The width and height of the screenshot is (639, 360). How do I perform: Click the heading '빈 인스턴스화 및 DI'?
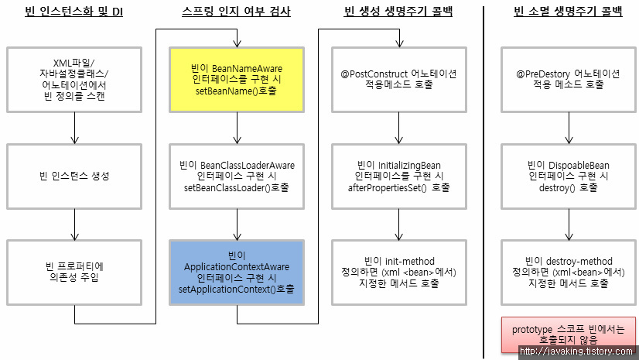(74, 12)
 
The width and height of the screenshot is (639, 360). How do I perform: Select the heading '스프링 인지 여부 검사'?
(237, 12)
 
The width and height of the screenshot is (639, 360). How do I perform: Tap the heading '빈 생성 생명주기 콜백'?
(398, 12)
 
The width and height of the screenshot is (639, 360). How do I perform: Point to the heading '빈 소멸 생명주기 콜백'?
(569, 12)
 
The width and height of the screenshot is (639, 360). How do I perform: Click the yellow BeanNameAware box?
(237, 80)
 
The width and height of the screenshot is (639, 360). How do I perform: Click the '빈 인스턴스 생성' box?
(74, 175)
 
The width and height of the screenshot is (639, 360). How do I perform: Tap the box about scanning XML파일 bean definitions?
(74, 80)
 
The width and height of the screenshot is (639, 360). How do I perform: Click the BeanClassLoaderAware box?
(237, 176)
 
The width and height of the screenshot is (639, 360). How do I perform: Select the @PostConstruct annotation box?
(398, 80)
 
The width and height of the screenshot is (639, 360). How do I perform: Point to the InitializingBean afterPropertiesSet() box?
(398, 176)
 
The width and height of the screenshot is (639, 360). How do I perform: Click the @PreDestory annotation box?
(569, 80)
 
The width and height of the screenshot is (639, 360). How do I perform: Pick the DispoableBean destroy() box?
(569, 176)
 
